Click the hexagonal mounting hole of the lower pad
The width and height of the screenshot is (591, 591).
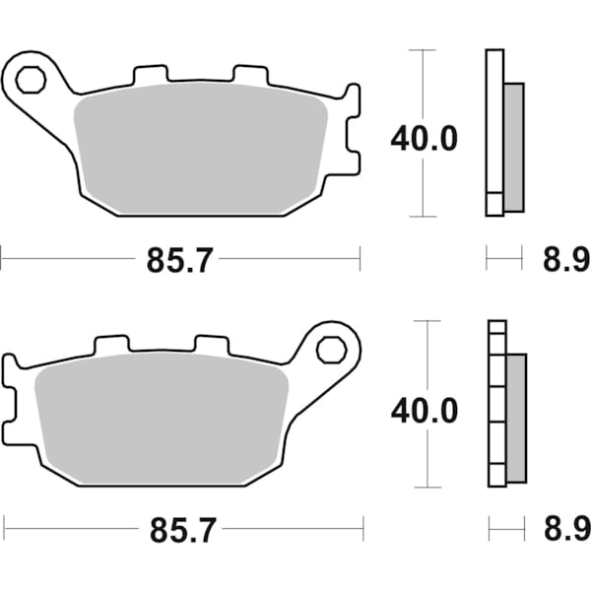[330, 349]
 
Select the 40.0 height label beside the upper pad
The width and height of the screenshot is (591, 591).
[424, 139]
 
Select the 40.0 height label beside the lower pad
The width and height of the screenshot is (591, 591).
[425, 410]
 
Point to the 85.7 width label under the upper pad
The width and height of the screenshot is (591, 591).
[181, 260]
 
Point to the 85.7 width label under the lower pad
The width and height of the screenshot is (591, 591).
[181, 532]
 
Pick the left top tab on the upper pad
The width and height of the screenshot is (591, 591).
[150, 75]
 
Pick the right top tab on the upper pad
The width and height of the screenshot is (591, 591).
[248, 75]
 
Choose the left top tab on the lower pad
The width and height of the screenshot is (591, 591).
[111, 346]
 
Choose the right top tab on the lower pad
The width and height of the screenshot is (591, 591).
[211, 346]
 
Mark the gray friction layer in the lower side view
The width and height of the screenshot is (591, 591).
[515, 418]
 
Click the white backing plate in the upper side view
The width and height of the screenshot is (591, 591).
[494, 133]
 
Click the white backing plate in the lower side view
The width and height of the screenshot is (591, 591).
[496, 404]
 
